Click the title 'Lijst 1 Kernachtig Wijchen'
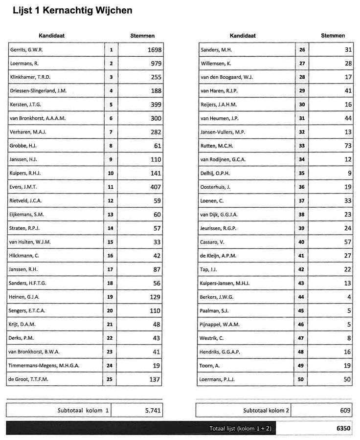72,10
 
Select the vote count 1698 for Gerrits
154,50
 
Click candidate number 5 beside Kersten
111,105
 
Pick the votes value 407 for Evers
156,187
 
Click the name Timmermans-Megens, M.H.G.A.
45,366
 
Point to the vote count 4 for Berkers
349,297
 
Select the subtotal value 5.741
153,411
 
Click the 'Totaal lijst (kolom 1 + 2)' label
240,428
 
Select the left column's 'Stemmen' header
142,36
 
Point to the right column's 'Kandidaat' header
243,36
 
